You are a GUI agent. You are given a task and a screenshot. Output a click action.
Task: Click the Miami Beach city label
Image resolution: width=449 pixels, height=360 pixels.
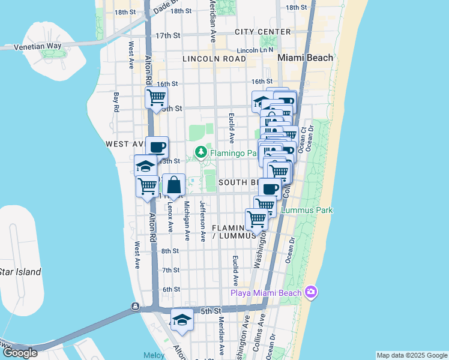point(305,58)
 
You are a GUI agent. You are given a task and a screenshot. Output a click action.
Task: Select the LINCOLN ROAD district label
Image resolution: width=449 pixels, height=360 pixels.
point(214,59)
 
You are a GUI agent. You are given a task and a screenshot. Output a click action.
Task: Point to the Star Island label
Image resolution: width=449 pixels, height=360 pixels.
point(20,272)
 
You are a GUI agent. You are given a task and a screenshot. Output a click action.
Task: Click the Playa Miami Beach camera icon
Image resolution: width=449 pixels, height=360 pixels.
point(311,292)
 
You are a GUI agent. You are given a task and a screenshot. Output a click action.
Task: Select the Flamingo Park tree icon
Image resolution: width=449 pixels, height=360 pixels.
point(202,153)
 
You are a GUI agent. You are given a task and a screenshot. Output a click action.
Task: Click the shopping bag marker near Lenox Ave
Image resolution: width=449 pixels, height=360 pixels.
point(173,186)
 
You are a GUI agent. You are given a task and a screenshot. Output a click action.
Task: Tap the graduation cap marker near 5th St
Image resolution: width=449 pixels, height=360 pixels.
point(182,320)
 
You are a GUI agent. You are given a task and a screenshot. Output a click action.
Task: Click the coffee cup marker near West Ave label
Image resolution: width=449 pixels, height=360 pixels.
point(157,147)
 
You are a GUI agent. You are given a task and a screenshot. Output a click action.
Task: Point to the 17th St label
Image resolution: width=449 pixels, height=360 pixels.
point(167,36)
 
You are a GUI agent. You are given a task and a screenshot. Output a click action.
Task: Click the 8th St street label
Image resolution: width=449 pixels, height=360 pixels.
point(170,251)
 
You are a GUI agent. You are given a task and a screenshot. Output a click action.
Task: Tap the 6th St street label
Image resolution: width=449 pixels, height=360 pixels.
point(171,289)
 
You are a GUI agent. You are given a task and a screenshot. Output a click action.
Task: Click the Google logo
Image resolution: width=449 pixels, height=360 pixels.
point(20,353)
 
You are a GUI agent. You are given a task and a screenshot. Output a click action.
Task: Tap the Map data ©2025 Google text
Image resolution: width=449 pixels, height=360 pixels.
point(411,355)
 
